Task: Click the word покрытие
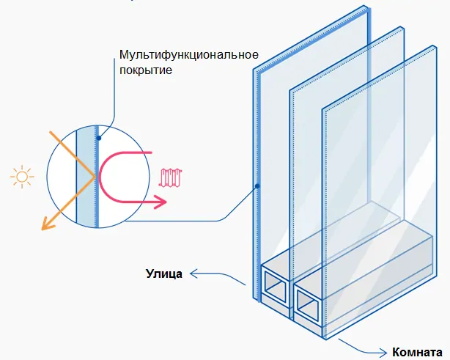tap(147, 71)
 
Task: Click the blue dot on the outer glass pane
tap(258, 185)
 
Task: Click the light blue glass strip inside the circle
tap(86, 176)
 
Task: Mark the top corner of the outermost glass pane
tap(365, 9)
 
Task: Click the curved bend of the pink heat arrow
tap(103, 176)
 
